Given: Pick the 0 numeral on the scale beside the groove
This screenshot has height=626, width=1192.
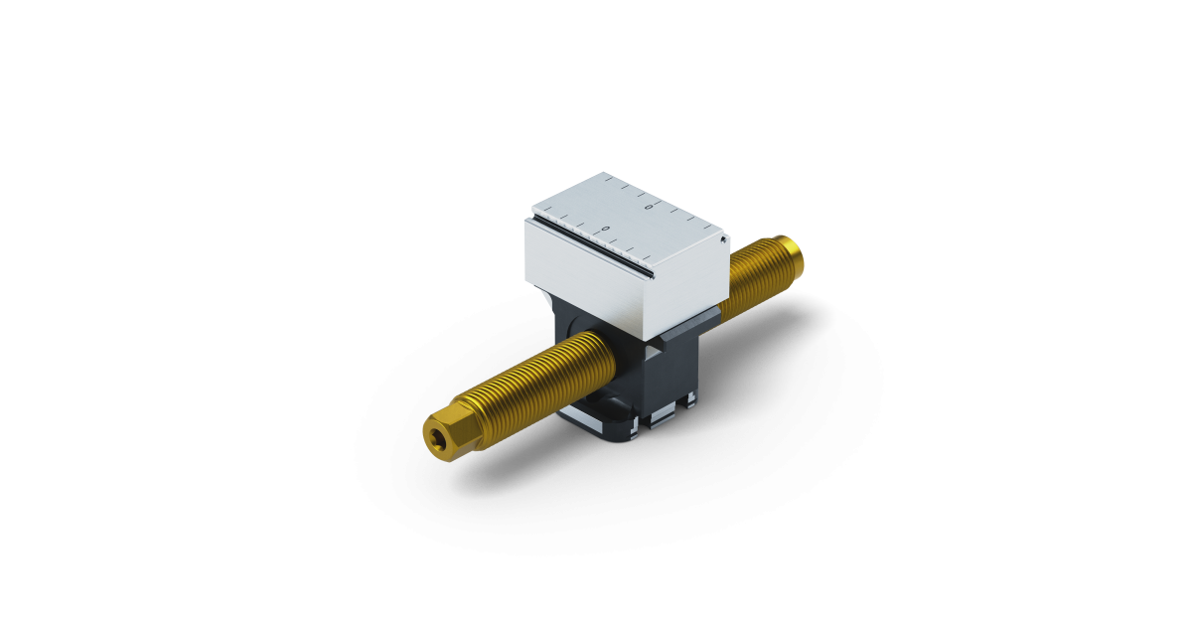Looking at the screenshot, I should click(x=605, y=230).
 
